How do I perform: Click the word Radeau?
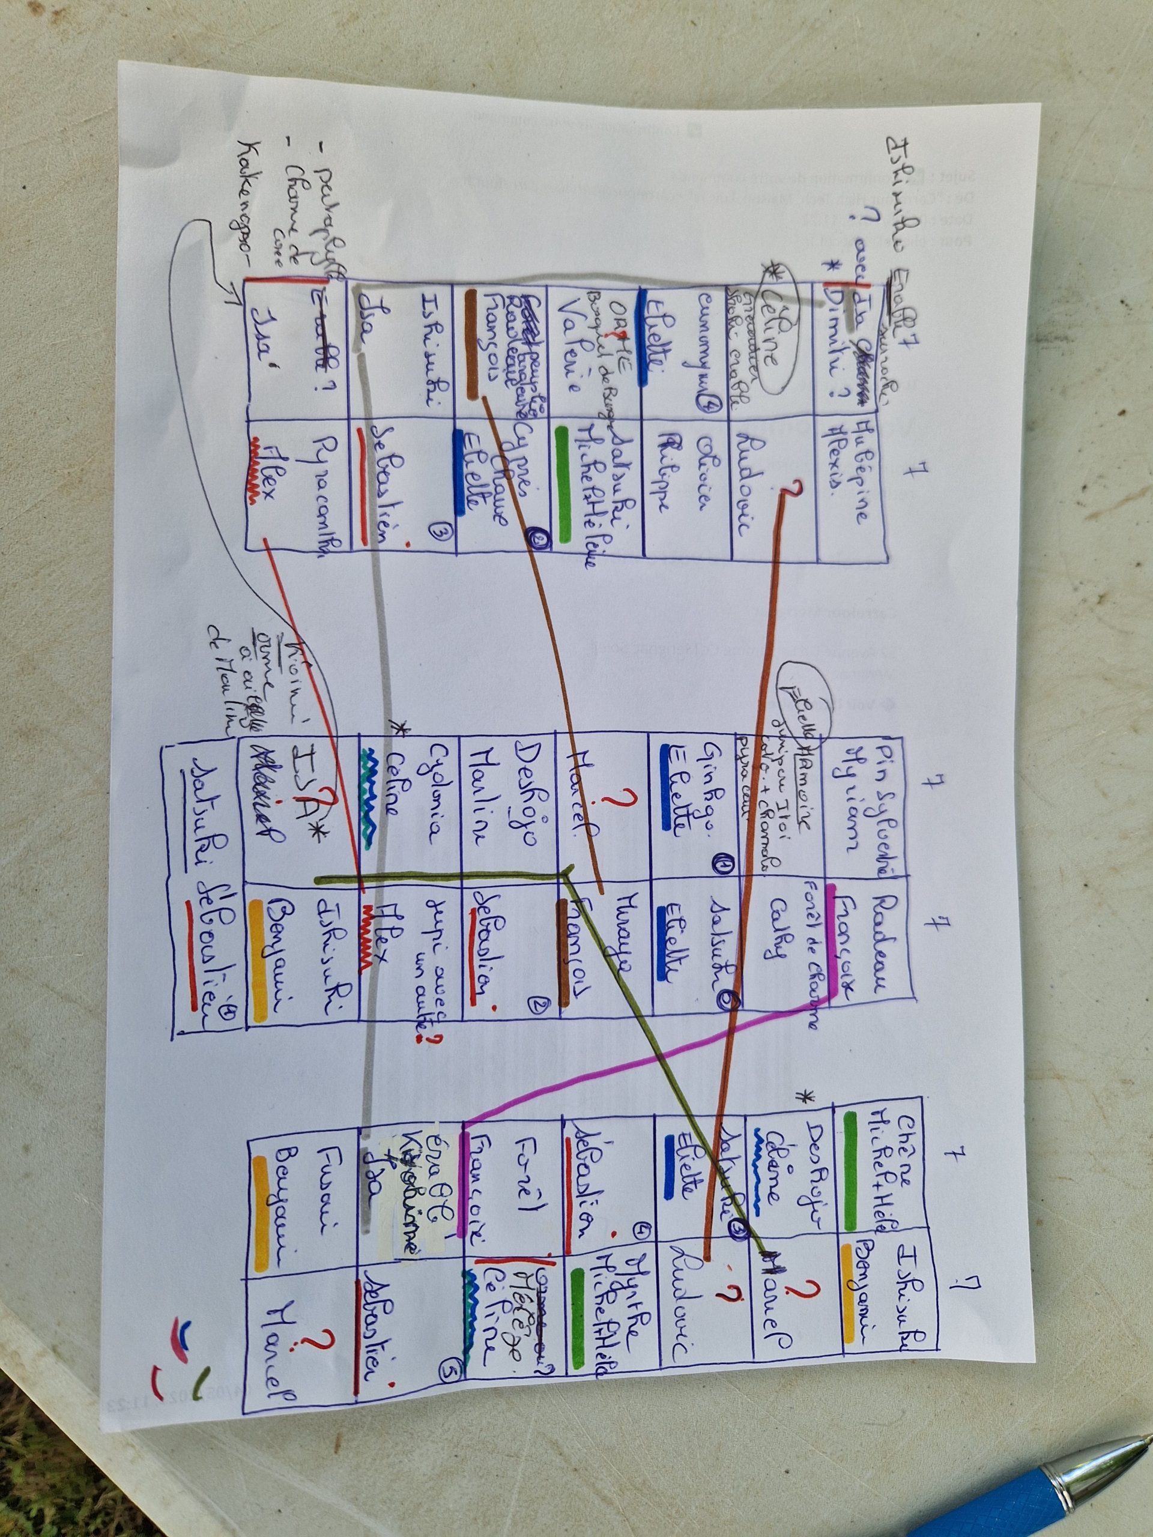pyautogui.click(x=889, y=935)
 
